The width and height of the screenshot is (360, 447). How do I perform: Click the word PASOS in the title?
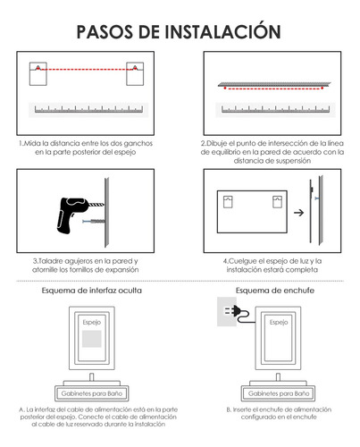106,31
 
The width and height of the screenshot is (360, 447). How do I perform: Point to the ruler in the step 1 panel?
88,111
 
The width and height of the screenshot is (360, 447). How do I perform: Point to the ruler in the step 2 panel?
272,111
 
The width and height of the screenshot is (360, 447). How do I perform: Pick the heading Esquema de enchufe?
270,291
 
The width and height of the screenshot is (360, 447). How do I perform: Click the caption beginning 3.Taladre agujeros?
86,266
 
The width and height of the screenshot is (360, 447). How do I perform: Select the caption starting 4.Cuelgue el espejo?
272,266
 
